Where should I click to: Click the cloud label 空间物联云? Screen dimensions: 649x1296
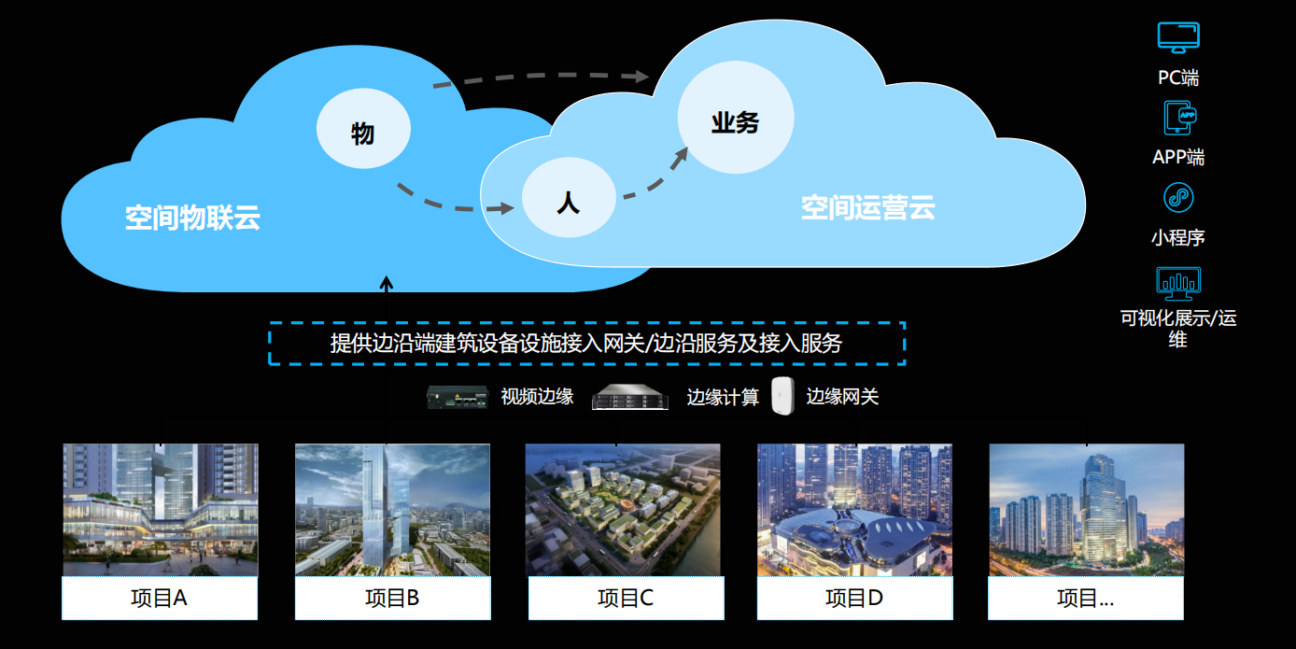click(x=192, y=219)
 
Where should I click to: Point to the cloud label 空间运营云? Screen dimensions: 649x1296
click(x=867, y=207)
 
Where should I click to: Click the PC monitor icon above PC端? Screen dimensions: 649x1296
click(x=1178, y=38)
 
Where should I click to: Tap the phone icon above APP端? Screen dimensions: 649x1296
click(x=1178, y=118)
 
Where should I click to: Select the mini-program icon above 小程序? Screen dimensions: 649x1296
click(x=1178, y=198)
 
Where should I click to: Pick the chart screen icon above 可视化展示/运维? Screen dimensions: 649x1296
click(x=1178, y=282)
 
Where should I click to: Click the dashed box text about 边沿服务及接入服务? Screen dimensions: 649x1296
click(x=586, y=343)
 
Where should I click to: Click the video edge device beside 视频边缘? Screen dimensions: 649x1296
click(x=458, y=397)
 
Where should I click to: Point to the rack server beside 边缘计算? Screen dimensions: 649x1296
click(x=632, y=398)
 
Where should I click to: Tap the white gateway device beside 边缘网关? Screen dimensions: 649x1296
click(x=782, y=396)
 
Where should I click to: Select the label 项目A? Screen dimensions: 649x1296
click(x=160, y=598)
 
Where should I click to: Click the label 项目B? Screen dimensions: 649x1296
click(x=392, y=598)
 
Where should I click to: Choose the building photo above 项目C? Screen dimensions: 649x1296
click(x=623, y=509)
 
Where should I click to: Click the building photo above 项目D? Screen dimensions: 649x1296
click(x=854, y=509)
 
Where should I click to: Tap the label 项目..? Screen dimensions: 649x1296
click(x=1085, y=598)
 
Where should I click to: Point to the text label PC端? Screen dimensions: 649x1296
click(x=1178, y=78)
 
